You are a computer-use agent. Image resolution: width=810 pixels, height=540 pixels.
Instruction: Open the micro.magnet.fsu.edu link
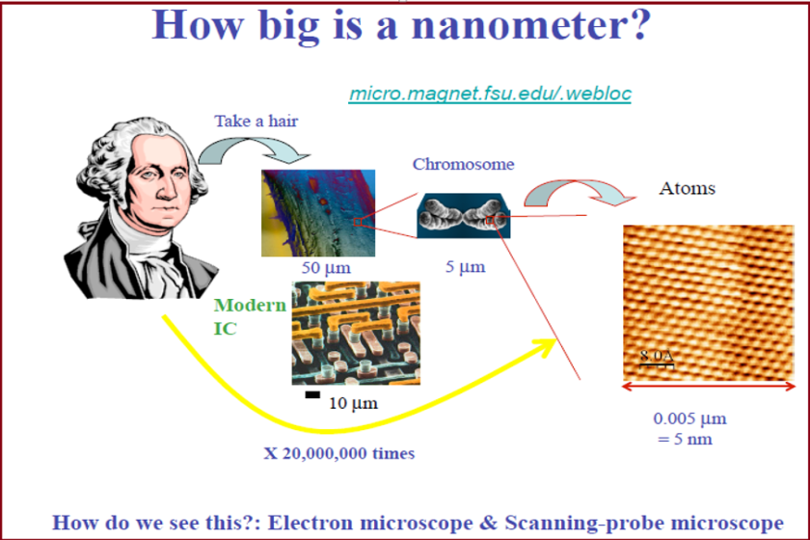click(x=490, y=94)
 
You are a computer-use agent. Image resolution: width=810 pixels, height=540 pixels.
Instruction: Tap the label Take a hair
click(x=256, y=121)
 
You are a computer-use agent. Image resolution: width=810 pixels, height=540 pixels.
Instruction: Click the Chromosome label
click(x=464, y=164)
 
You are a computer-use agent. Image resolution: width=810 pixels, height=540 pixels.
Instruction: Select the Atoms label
click(x=687, y=188)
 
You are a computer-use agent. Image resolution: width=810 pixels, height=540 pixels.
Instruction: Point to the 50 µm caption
click(x=326, y=268)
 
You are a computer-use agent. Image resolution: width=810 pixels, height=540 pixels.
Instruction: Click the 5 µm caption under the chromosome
click(x=466, y=267)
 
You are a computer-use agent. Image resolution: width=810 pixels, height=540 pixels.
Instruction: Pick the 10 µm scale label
click(x=353, y=403)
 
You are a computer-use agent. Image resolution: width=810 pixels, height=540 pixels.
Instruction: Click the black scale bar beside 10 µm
click(x=312, y=394)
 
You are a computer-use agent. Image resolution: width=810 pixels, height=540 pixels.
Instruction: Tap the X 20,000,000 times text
click(x=339, y=453)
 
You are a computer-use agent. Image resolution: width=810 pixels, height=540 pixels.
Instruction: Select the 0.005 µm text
click(x=689, y=418)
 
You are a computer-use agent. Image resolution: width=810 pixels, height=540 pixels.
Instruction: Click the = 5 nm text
click(x=685, y=440)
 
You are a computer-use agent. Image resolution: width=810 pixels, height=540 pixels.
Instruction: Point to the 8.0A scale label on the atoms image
click(x=657, y=356)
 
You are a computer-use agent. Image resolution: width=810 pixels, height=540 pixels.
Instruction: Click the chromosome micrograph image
click(x=464, y=216)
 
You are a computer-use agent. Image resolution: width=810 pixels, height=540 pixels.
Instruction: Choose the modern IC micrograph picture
click(x=356, y=334)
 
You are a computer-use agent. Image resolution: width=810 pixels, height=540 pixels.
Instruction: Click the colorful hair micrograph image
click(x=318, y=213)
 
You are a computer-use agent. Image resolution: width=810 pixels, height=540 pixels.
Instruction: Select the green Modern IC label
click(x=250, y=316)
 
